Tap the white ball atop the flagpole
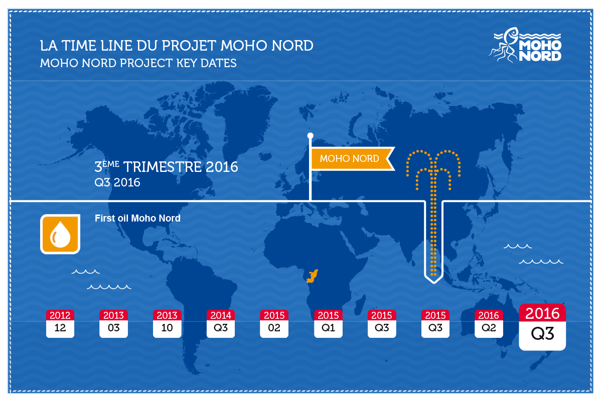point(310,136)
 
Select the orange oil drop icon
point(60,234)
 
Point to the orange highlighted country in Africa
point(312,276)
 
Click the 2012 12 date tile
point(60,323)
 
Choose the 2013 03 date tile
point(113,323)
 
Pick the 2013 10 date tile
point(167,323)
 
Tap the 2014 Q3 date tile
point(221,323)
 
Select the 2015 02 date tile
point(274,323)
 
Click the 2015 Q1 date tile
point(328,323)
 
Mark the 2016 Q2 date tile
point(489,323)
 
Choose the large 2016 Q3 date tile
point(542,327)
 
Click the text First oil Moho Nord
point(137,219)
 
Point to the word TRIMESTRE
point(163,167)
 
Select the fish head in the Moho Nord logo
point(511,35)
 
